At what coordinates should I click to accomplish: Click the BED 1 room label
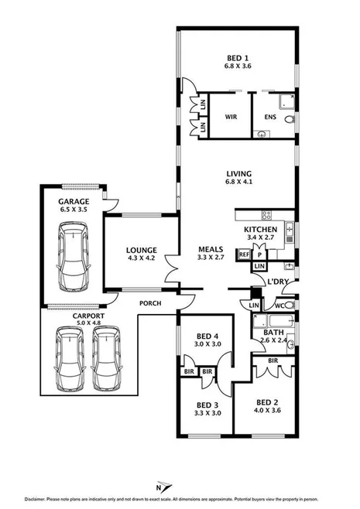pyautogui.click(x=238, y=58)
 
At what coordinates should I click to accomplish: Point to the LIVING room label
pyautogui.click(x=238, y=174)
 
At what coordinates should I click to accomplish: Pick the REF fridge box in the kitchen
pyautogui.click(x=244, y=254)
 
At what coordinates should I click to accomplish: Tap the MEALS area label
pyautogui.click(x=211, y=248)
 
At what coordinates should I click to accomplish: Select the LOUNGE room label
pyautogui.click(x=142, y=250)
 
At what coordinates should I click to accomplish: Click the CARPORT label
pyautogui.click(x=77, y=316)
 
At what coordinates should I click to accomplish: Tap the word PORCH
pyautogui.click(x=150, y=302)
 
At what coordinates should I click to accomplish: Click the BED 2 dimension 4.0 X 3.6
pyautogui.click(x=267, y=410)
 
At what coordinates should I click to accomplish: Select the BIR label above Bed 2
pyautogui.click(x=273, y=360)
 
